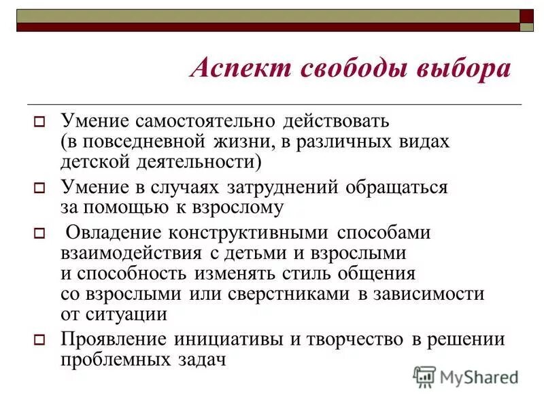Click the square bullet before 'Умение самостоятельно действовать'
39,124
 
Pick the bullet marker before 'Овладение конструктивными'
39,233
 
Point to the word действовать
335,122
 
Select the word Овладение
113,232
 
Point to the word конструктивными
252,232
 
